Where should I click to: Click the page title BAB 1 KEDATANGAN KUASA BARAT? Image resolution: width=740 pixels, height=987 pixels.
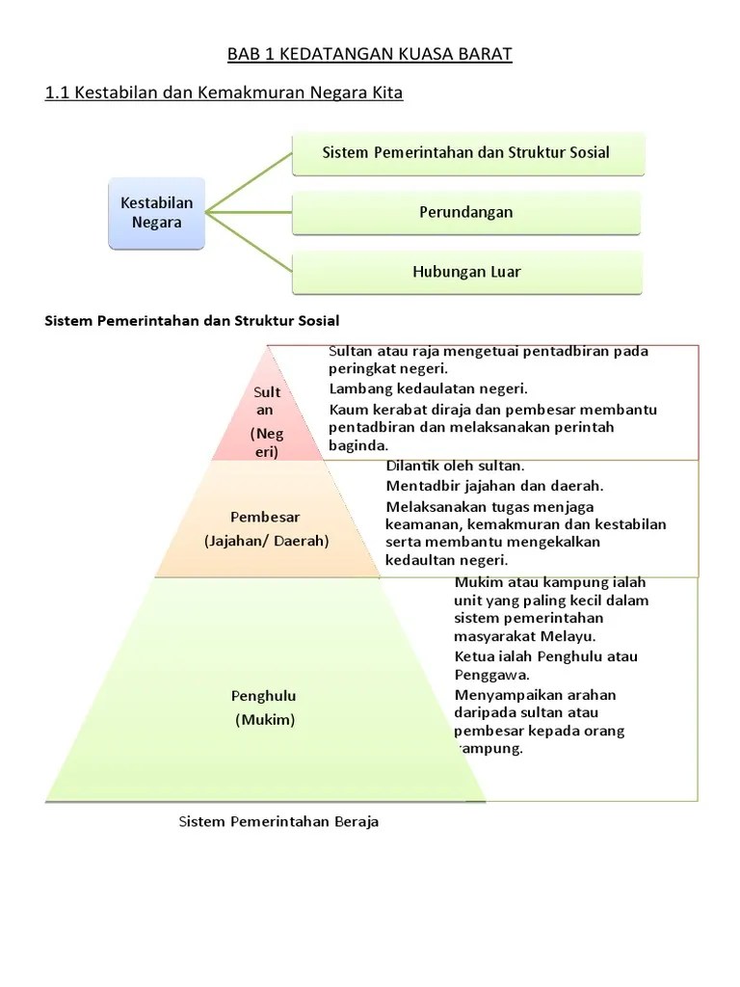tap(370, 54)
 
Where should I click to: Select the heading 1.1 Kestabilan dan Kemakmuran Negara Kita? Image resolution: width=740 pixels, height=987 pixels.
tap(224, 93)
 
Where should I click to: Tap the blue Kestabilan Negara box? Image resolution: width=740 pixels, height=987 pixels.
tap(156, 213)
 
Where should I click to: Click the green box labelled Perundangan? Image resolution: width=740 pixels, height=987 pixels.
tap(466, 212)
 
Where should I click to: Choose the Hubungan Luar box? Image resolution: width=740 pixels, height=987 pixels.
tap(466, 272)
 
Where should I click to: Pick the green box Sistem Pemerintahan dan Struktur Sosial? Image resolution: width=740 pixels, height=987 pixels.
tap(466, 152)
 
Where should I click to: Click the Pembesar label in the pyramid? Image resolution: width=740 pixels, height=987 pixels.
tap(266, 517)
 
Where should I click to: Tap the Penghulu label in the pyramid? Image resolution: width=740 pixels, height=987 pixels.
tap(264, 696)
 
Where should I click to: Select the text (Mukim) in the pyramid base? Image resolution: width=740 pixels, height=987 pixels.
tap(264, 719)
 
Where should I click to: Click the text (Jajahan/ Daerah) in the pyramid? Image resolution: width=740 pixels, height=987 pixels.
tap(266, 541)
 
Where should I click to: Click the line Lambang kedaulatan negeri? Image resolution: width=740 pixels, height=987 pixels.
tap(428, 389)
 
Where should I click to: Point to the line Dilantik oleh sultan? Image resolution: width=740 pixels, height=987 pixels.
tap(455, 467)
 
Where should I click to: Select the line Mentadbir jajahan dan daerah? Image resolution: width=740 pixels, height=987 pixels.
tap(494, 487)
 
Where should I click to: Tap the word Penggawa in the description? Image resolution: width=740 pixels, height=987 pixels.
tap(487, 676)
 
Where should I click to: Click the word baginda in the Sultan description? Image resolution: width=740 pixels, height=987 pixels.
tap(357, 445)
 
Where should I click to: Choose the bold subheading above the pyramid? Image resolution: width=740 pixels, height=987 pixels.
tap(193, 320)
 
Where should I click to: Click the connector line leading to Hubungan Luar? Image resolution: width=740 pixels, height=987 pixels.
tap(249, 241)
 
